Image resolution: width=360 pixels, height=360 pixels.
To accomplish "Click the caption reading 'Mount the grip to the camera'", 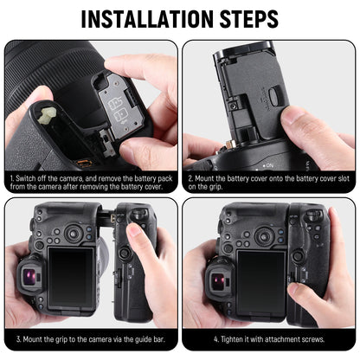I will (x=90, y=339).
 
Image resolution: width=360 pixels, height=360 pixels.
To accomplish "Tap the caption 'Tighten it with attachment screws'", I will (x=268, y=339).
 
